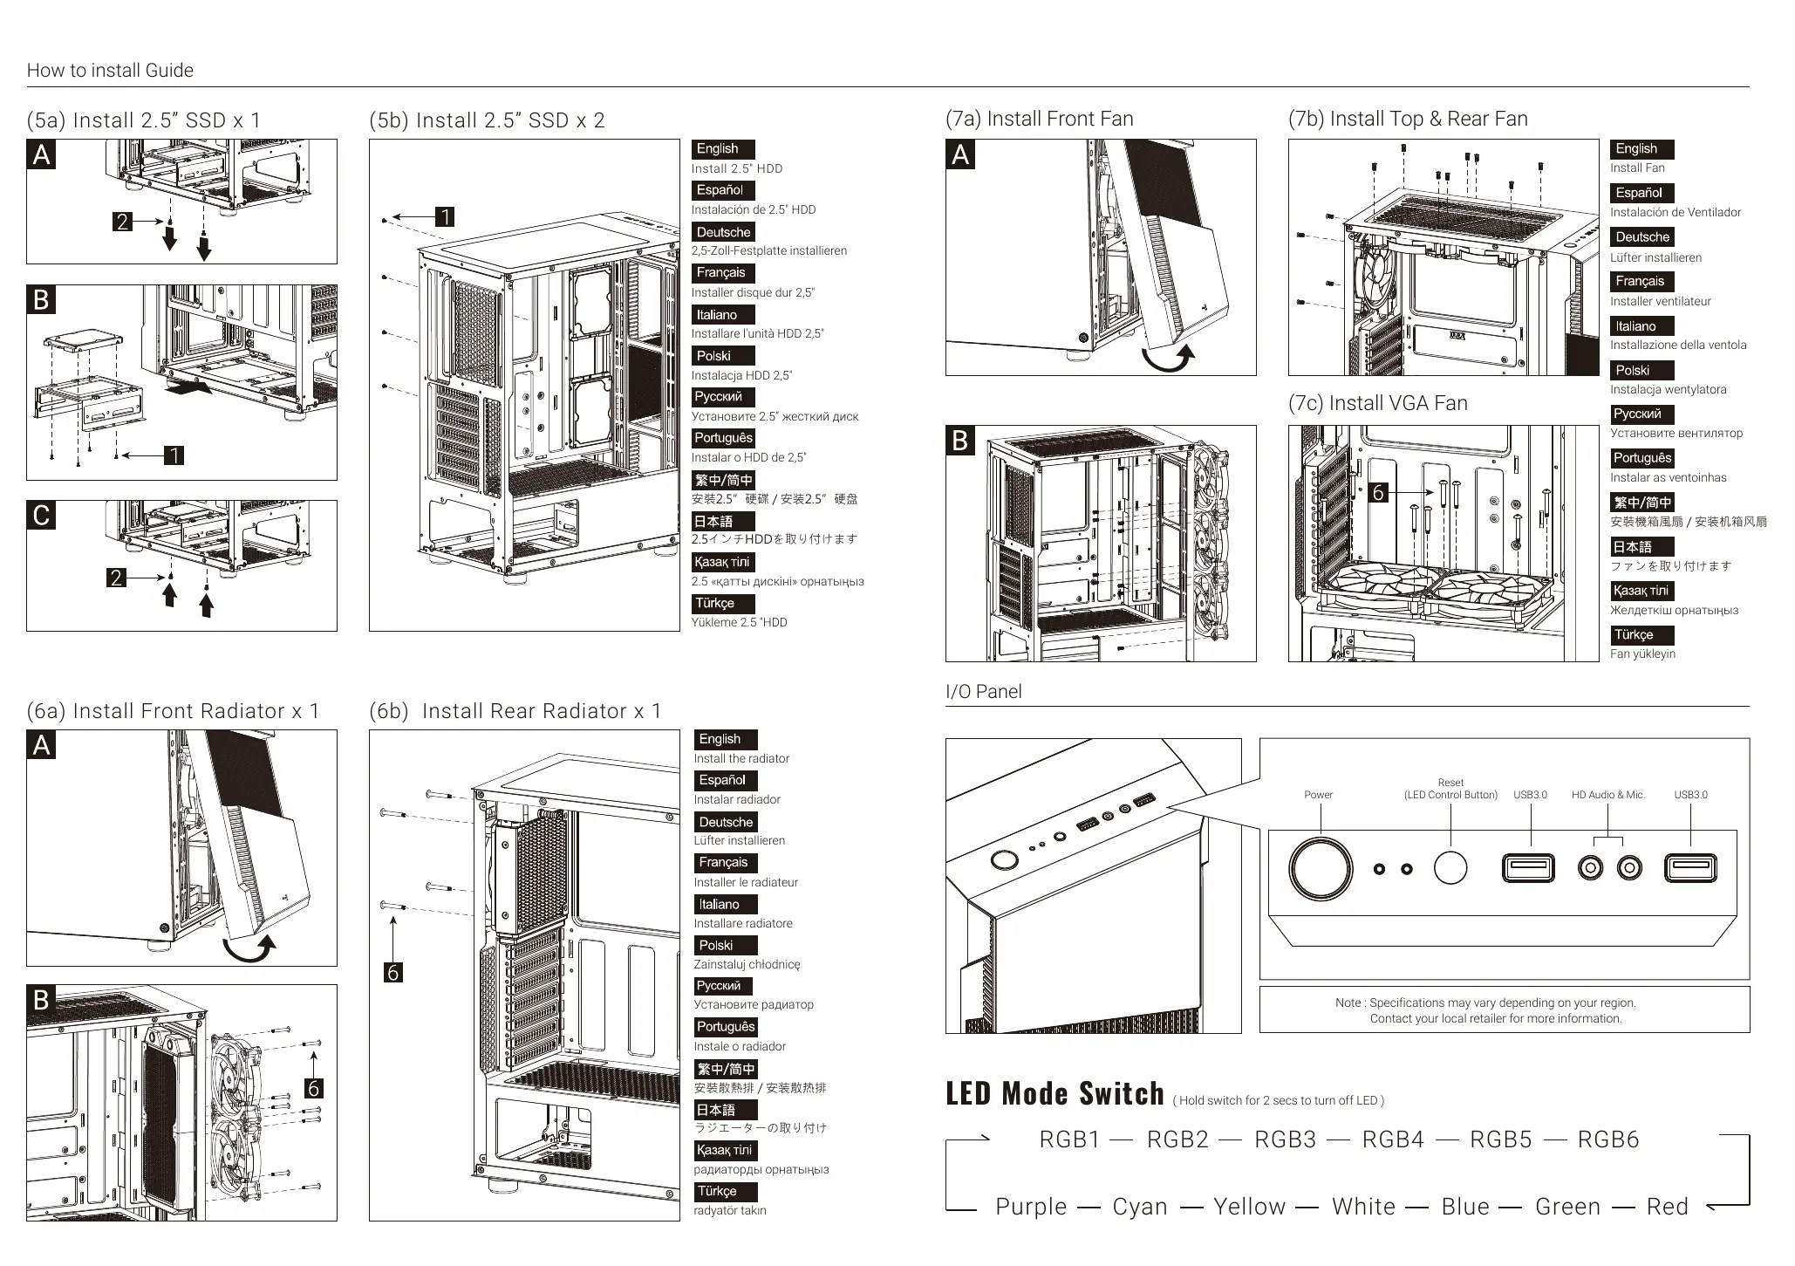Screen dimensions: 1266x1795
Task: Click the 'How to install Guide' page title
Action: coord(110,71)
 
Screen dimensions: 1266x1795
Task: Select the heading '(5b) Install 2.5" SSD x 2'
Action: coord(487,120)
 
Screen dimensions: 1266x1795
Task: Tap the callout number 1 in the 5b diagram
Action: coord(445,216)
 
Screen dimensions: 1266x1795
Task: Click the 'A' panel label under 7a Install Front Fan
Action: coord(960,154)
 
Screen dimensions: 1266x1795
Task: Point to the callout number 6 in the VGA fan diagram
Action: coord(1378,493)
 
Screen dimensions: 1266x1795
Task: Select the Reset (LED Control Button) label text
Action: coord(1450,789)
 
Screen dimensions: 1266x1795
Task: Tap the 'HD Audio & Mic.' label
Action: coord(1607,795)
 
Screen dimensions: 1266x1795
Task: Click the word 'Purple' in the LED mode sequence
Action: coord(1031,1207)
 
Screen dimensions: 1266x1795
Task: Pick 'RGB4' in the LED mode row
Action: coord(1393,1139)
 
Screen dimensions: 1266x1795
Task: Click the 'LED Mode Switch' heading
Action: coord(1054,1094)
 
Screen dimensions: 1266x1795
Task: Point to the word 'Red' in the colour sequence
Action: coord(1668,1207)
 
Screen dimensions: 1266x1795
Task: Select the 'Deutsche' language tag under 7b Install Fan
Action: coord(1641,237)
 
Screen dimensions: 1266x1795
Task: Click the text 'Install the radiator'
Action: coord(741,758)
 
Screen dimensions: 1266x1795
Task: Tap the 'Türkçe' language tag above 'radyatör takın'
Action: coord(717,1191)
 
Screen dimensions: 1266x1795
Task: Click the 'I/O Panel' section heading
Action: coord(983,692)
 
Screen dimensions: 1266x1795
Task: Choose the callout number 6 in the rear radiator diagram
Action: coord(392,972)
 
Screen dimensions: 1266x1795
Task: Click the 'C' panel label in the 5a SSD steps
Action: coord(41,515)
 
